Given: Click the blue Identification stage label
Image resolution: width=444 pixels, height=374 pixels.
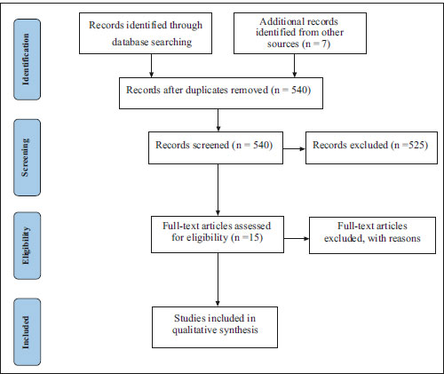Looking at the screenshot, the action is (27, 60).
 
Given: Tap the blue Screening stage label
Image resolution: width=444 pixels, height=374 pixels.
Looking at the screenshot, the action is (27, 157).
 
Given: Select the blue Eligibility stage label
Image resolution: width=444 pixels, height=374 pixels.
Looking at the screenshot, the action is (27, 245).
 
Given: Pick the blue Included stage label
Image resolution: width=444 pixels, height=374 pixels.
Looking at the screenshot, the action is (27, 332).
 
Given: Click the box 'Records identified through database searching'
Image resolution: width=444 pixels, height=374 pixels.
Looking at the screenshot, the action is (146, 33).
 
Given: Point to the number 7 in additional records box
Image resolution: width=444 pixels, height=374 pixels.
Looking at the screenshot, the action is (323, 44).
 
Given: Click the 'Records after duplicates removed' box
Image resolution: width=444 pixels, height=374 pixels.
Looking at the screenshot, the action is (221, 93).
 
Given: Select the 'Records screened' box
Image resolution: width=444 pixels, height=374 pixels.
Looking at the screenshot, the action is (216, 147).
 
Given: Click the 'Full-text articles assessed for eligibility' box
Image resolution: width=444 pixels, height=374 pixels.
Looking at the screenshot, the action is (218, 235).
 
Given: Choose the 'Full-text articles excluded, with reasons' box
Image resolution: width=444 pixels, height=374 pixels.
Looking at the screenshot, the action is (372, 235).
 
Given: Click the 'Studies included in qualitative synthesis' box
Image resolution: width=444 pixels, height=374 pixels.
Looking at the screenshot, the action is (215, 327).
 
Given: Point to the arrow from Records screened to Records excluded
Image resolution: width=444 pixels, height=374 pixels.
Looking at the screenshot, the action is (294, 148).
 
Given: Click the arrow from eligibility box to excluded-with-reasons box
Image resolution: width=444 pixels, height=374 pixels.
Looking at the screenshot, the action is (297, 238).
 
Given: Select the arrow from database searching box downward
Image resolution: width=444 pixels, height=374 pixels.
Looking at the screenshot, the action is (151, 66).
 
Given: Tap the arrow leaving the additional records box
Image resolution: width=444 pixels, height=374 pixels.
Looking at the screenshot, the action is (294, 66).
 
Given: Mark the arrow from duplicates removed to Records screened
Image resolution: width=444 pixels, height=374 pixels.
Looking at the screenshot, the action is (218, 120).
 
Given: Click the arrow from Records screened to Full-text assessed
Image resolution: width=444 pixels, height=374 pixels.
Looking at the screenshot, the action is (218, 190).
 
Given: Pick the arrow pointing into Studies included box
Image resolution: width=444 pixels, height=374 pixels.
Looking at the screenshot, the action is (218, 280).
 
